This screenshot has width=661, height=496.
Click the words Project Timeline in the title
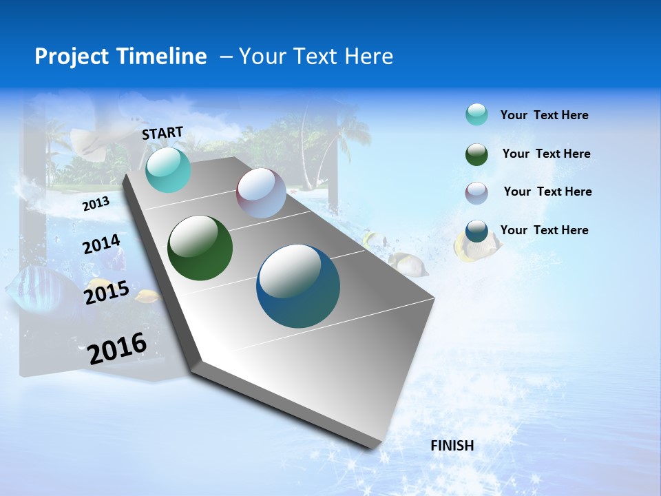point(120,56)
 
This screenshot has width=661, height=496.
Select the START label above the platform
point(162,133)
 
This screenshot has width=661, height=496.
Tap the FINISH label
point(452,446)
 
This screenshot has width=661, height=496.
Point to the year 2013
point(96,204)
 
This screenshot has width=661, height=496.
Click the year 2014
point(101,245)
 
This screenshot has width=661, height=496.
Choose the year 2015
point(106,293)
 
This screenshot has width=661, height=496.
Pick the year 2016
point(117,349)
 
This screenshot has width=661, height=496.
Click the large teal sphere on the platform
point(168,170)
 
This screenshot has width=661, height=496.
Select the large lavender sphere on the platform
point(261,193)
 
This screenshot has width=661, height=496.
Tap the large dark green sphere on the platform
point(200,248)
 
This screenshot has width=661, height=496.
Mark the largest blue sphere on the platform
point(297,286)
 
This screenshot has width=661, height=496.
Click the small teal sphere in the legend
point(476,114)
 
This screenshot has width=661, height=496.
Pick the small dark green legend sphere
point(476,154)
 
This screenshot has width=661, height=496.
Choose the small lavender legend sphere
point(476,193)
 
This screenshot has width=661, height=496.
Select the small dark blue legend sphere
point(476,231)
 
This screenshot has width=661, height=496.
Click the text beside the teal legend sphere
point(544,115)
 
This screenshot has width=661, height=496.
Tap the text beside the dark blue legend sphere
point(544,230)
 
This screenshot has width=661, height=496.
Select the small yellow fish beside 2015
point(147,297)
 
